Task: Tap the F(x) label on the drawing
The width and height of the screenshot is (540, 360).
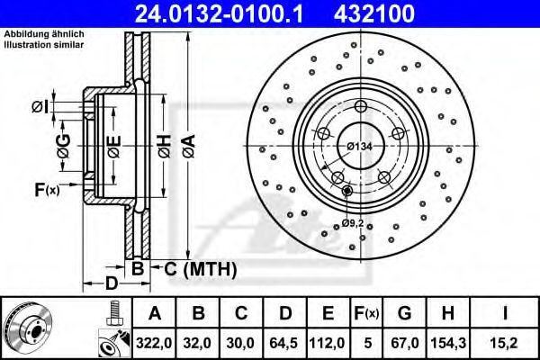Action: tap(46, 189)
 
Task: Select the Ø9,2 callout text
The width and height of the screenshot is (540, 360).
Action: tap(353, 222)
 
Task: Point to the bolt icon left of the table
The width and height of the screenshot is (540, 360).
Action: tap(113, 312)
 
